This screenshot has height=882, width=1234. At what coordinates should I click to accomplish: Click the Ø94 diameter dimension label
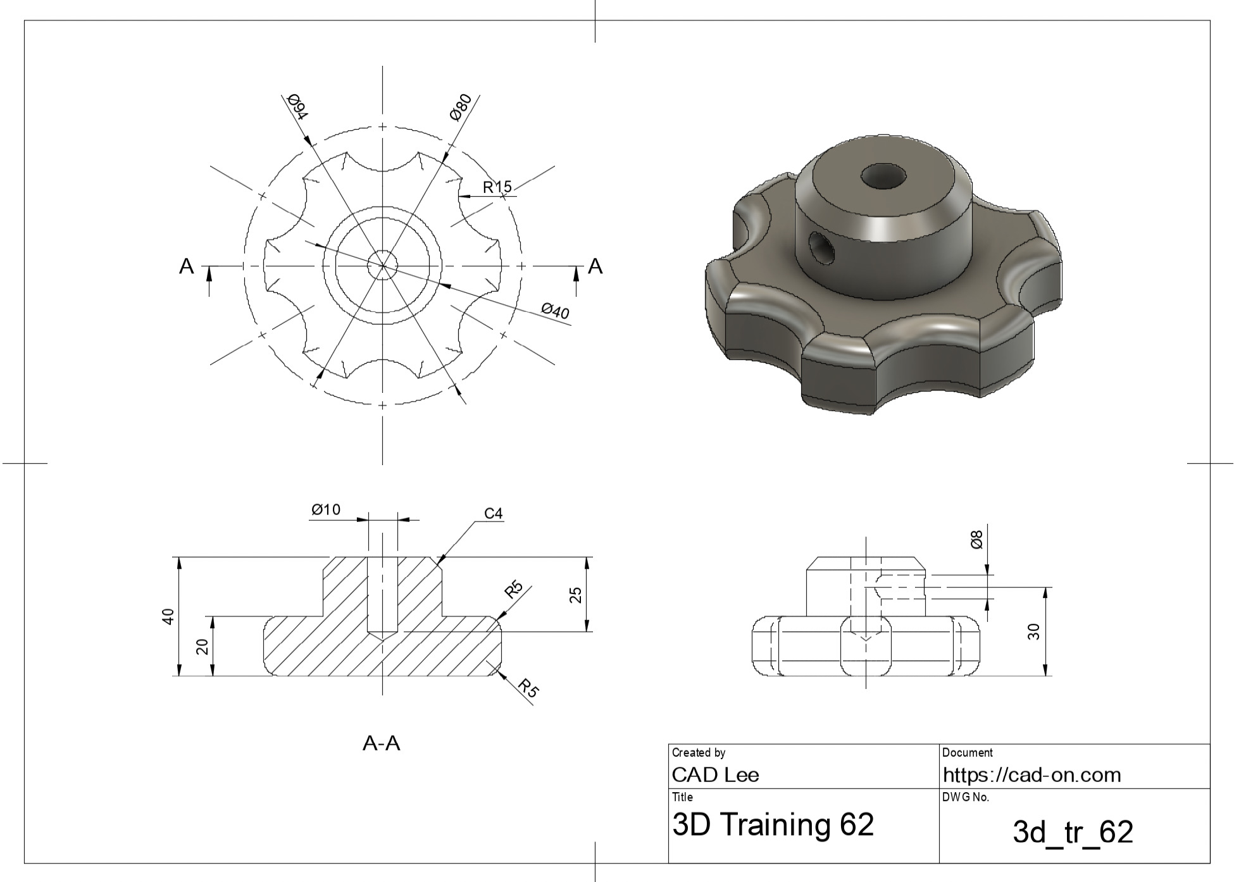(x=297, y=107)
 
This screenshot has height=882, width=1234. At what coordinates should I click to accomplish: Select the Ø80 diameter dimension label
(x=461, y=106)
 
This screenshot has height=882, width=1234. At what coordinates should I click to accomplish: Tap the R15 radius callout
(x=497, y=187)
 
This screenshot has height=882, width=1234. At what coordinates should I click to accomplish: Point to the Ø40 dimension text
(x=555, y=311)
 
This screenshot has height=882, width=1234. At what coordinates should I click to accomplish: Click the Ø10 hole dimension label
(x=326, y=509)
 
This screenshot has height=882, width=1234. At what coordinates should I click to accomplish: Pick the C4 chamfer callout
(x=494, y=513)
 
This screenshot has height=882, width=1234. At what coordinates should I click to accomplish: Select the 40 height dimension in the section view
(x=168, y=616)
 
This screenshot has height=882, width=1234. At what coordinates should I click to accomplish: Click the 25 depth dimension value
(x=576, y=595)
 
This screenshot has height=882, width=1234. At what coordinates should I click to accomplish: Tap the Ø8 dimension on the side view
(x=977, y=540)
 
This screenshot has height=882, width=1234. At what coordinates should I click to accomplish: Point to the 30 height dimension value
(x=1033, y=631)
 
